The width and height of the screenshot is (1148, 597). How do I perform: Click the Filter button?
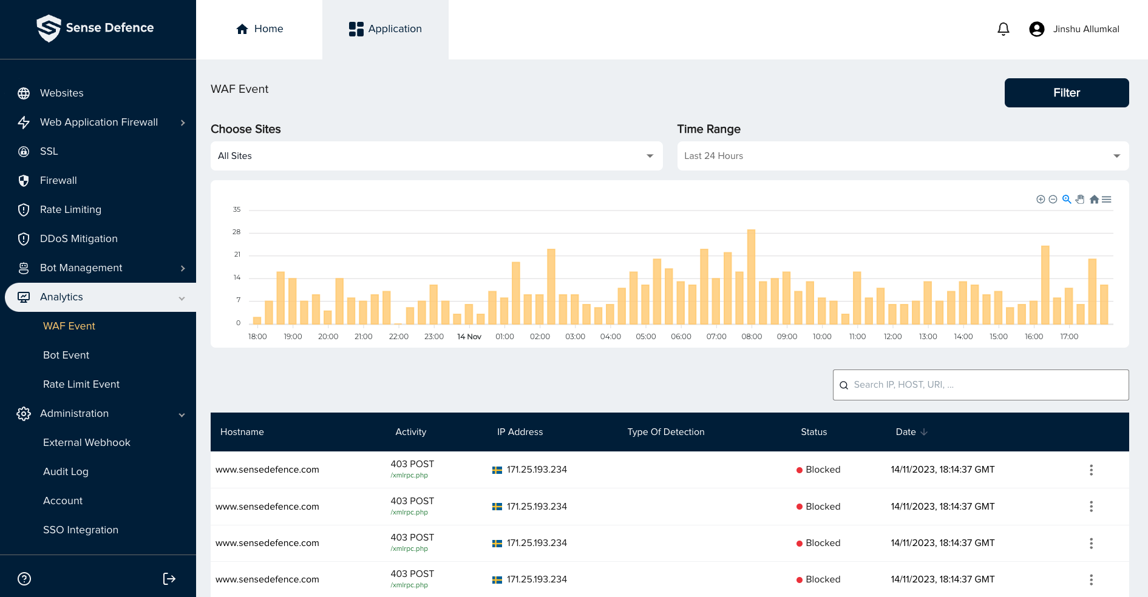click(1066, 93)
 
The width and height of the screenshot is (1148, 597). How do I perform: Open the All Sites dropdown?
click(436, 156)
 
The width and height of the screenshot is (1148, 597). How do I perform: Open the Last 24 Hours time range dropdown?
click(902, 156)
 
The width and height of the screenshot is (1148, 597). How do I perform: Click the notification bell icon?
click(1003, 29)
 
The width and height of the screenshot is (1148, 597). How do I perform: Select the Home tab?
click(259, 29)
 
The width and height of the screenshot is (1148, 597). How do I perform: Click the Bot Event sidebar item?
click(66, 355)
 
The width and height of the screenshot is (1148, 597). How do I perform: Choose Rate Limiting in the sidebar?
click(70, 209)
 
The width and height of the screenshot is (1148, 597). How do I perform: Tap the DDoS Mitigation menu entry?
click(78, 238)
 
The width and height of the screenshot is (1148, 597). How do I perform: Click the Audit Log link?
click(66, 471)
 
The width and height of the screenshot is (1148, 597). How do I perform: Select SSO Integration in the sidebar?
click(80, 530)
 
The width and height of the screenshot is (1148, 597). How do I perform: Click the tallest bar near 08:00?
click(751, 277)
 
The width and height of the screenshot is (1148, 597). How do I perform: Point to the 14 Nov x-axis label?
click(469, 337)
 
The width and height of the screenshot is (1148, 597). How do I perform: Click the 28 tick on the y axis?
click(236, 232)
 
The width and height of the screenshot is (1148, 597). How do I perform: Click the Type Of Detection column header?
click(665, 432)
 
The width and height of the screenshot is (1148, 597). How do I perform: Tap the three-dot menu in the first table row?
click(1090, 470)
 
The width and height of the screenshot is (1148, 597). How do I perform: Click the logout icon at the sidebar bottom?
click(169, 579)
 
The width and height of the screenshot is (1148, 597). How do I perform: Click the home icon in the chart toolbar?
click(1094, 200)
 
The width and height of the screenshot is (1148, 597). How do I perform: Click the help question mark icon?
click(24, 579)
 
